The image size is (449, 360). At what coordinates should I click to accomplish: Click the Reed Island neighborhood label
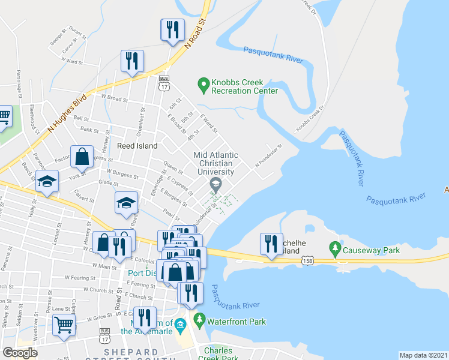[137, 146]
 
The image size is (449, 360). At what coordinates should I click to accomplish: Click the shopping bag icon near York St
[82, 158]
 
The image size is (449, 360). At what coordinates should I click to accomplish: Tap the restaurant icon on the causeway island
[271, 244]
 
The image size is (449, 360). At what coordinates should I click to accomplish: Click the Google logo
[19, 352]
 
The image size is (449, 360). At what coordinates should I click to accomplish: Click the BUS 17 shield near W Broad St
[163, 83]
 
